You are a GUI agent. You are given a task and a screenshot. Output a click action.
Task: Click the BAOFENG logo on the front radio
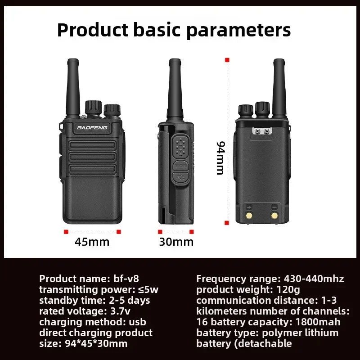coord(92,127)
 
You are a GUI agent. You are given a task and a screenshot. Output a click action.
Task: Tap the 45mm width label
coord(92,241)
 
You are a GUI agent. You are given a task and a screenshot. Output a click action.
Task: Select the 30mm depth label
coord(176,242)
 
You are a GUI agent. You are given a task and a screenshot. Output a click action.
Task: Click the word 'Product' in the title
coord(90,30)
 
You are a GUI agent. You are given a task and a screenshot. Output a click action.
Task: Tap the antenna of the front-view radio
coord(71,85)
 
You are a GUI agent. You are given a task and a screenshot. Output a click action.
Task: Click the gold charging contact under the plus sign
coord(249,216)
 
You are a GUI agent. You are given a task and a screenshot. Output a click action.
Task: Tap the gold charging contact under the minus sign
coord(274,216)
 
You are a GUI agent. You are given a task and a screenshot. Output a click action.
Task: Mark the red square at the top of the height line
coord(227,60)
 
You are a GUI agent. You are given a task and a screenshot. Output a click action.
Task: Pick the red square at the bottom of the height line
coord(227,222)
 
